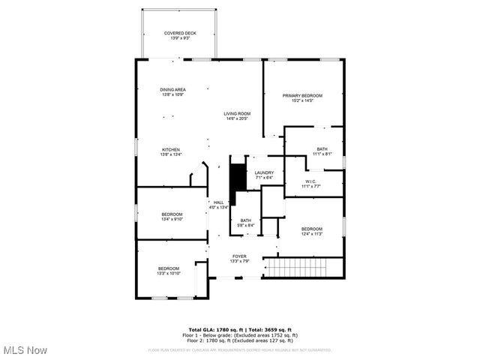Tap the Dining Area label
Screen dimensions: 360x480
[172, 91]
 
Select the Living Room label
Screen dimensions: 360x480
[236, 115]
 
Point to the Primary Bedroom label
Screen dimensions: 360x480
[302, 98]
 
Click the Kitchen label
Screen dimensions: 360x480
[171, 152]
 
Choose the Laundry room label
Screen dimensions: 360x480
[264, 175]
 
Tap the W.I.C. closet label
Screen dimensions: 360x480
[311, 183]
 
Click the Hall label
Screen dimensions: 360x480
[218, 205]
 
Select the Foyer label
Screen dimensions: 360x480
[239, 259]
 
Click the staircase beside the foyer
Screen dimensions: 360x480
[299, 267]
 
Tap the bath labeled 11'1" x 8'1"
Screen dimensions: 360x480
[322, 151]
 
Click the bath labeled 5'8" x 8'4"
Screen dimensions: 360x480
[246, 223]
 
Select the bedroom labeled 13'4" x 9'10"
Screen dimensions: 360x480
[172, 217]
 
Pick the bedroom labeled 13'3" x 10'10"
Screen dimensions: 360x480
[168, 271]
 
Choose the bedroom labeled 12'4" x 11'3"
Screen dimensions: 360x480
[311, 231]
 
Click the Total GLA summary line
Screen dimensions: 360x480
[240, 329]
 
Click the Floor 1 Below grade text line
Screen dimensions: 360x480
[240, 334]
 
